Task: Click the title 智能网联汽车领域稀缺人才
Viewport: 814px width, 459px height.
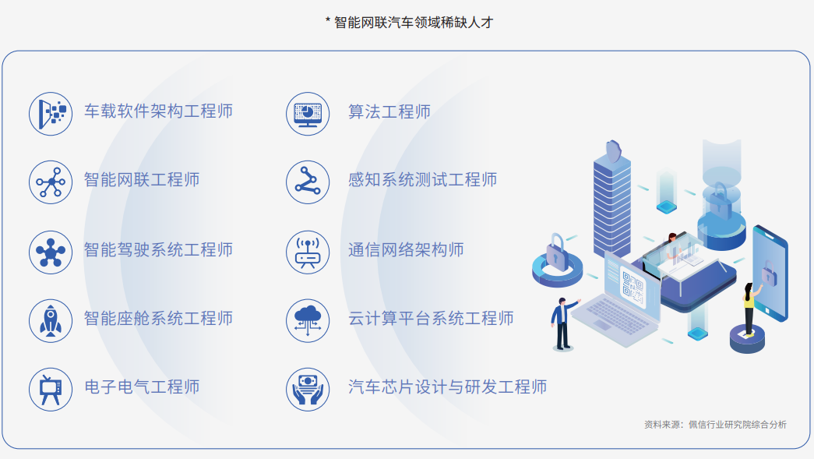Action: [414, 23]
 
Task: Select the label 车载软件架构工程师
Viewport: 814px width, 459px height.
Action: [158, 111]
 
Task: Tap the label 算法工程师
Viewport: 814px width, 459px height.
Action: [389, 111]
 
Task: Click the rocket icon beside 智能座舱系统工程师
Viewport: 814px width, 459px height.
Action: [51, 321]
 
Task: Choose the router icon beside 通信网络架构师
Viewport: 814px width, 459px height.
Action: [308, 252]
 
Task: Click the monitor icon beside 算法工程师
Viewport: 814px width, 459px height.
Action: [308, 115]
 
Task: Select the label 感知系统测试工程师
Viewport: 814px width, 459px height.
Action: [422, 180]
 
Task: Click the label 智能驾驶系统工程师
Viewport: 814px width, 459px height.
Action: [158, 249]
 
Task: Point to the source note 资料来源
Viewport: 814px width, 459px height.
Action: [715, 425]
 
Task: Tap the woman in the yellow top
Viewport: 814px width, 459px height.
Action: [750, 308]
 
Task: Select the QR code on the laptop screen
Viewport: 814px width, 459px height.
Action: [633, 287]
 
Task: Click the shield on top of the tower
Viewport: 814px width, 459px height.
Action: [614, 150]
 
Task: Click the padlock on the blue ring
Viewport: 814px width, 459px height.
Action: [556, 252]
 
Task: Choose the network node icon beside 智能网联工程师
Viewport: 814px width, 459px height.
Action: [51, 182]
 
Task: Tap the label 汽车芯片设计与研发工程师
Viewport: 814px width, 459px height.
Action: [447, 387]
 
